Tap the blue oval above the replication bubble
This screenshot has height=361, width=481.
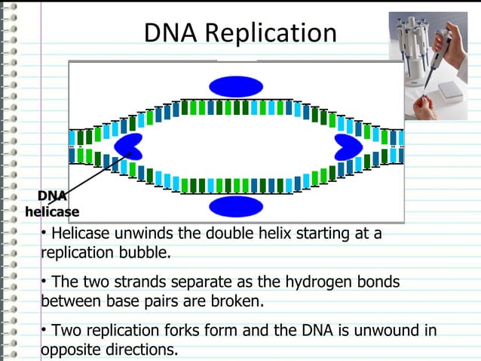236,86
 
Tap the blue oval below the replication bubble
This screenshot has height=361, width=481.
236,206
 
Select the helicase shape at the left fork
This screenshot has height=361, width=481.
128,146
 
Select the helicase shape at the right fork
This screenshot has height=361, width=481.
347,146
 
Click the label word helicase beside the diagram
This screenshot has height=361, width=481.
52,212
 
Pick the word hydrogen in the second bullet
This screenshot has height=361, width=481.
317,282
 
